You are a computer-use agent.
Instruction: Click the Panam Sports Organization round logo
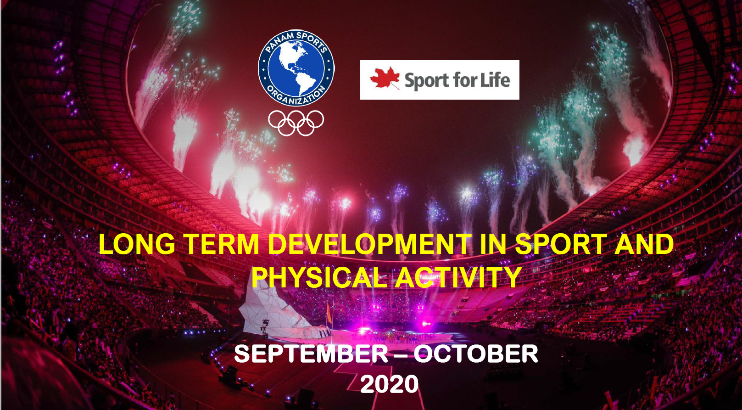click(296, 68)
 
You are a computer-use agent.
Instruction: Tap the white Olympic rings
click(296, 123)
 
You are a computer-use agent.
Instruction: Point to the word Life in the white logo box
click(495, 80)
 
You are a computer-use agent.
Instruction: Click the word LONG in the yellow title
click(137, 244)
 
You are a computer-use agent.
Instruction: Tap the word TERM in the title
click(221, 244)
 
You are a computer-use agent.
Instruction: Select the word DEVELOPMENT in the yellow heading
click(370, 244)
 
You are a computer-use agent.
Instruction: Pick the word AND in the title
click(645, 244)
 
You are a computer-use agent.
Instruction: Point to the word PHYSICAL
click(320, 277)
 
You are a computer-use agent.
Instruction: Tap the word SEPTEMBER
click(311, 354)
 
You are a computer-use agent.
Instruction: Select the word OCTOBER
click(476, 354)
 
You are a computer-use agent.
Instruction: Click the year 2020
click(390, 384)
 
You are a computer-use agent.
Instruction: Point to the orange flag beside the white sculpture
click(329, 313)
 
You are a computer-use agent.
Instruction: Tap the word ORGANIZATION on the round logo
click(296, 96)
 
